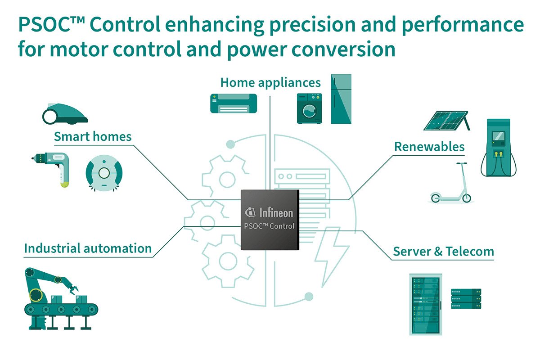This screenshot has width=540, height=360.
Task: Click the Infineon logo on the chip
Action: (x=270, y=212)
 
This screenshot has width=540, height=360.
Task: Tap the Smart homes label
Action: (x=93, y=136)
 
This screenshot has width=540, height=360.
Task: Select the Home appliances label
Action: (x=270, y=83)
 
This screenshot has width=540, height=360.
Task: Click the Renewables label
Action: (x=429, y=147)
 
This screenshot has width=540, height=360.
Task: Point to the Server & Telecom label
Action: (x=443, y=251)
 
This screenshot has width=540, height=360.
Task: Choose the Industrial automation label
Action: (x=88, y=248)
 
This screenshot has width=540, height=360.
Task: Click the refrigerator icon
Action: (x=341, y=99)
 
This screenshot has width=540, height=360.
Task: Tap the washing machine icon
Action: (x=309, y=108)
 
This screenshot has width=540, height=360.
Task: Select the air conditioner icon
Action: (x=233, y=103)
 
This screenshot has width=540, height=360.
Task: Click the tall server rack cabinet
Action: (x=425, y=304)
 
